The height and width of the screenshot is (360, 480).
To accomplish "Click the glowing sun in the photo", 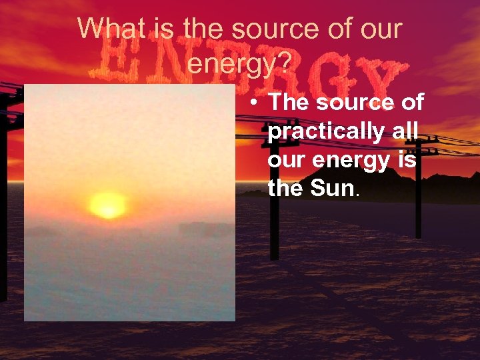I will tap(107, 204).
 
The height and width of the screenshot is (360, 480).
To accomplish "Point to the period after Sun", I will tap(359, 194).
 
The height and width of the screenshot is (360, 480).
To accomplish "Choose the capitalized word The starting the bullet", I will tap(289, 103).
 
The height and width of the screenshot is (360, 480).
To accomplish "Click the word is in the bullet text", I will tap(408, 160).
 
